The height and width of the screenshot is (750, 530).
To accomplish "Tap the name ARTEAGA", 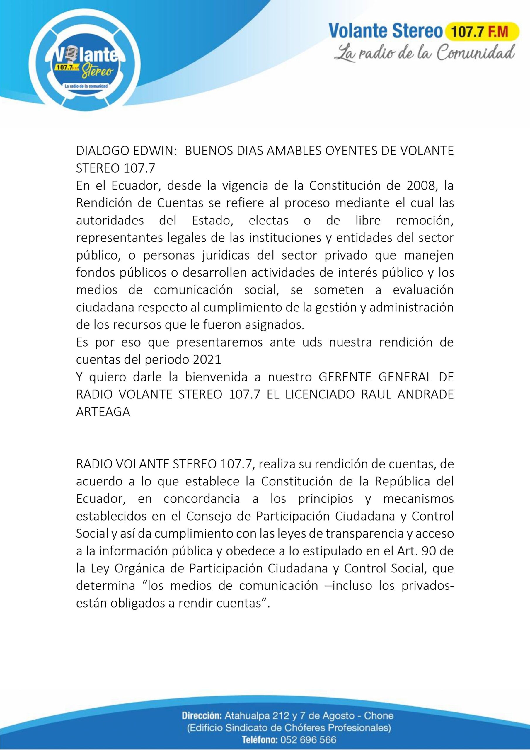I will pyautogui.click(x=103, y=412).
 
